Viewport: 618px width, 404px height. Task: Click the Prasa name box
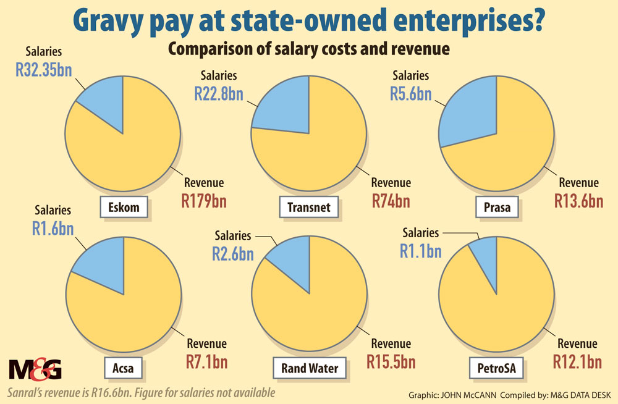pos(498,208)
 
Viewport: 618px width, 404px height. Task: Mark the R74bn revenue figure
pos(391,201)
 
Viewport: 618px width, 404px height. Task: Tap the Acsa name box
pos(122,369)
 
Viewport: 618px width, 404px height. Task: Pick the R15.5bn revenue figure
pos(391,361)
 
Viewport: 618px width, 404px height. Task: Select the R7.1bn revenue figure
pos(206,361)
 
